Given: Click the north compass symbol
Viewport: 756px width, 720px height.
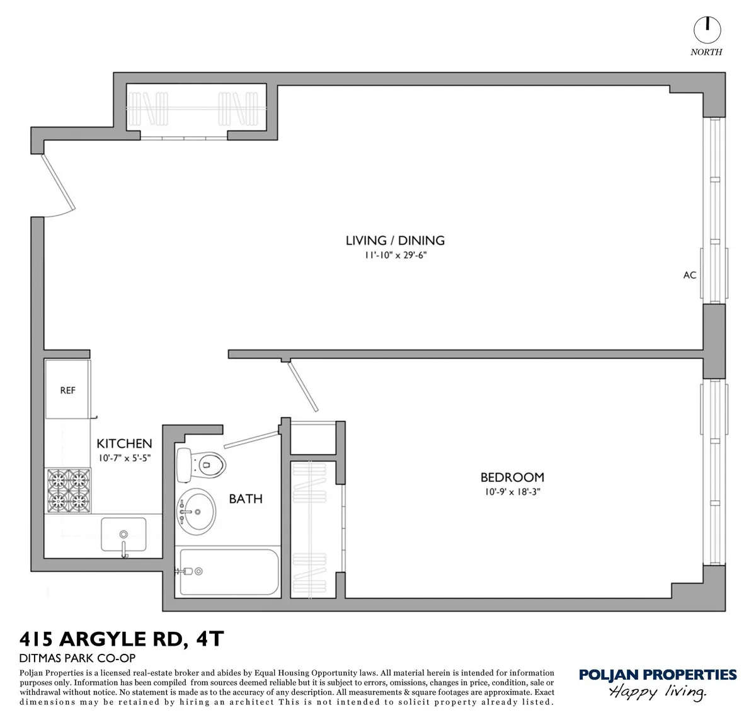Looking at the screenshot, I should [707, 29].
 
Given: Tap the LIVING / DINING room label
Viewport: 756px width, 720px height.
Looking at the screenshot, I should [395, 240].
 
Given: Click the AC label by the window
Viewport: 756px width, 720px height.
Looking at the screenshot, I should [690, 275].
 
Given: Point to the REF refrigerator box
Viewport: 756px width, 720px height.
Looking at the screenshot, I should [67, 390].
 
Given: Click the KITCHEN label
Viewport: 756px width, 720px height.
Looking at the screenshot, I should [124, 444].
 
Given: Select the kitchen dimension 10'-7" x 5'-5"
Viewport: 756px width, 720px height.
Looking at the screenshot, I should [124, 459].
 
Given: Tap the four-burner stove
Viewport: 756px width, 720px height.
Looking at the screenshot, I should [67, 489].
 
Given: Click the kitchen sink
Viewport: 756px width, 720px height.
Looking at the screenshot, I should [124, 534].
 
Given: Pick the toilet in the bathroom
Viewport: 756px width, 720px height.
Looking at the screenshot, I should [201, 464].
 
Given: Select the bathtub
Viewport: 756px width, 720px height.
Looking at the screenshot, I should [228, 571].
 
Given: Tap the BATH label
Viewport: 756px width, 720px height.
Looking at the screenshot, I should [245, 499].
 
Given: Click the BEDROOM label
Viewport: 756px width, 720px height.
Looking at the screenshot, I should [512, 477].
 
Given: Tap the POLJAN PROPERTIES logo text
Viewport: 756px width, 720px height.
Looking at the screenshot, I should [657, 675].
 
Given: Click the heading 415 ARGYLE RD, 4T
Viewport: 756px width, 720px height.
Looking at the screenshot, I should [122, 639].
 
